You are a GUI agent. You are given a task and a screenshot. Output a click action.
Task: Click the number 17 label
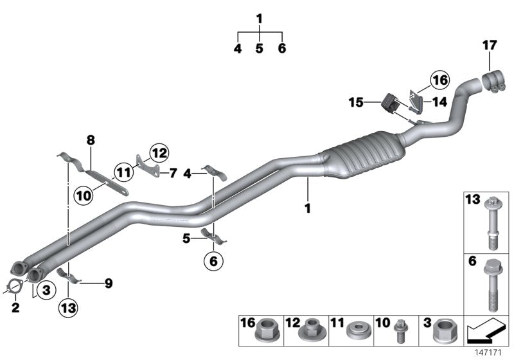click(x=490, y=45)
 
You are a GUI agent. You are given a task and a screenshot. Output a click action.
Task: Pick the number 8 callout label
click(x=91, y=139)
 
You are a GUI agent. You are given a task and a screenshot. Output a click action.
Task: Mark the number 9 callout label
click(x=108, y=282)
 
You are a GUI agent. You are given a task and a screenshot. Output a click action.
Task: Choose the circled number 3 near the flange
click(x=46, y=291)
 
